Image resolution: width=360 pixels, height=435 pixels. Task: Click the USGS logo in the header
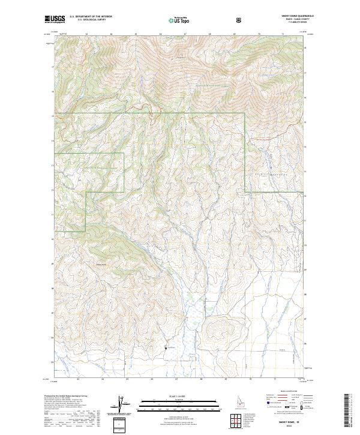(x=55, y=20)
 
